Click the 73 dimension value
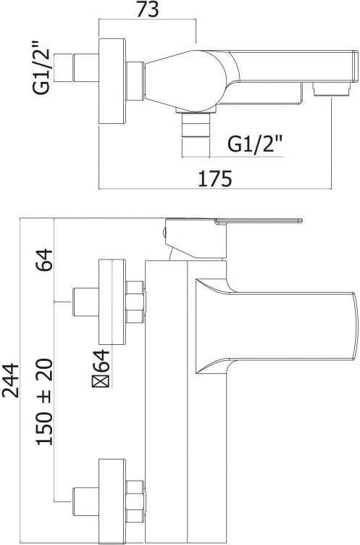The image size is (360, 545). (x=147, y=9)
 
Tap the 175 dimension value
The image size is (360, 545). (x=214, y=179)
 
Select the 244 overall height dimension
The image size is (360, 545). (x=10, y=380)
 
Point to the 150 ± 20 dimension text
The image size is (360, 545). (x=44, y=402)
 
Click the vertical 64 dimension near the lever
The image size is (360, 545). (x=44, y=260)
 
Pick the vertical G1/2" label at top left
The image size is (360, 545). (x=42, y=68)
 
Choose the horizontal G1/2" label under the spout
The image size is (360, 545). (x=255, y=143)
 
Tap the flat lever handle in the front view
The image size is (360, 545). (x=259, y=221)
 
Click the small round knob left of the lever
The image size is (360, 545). (x=164, y=233)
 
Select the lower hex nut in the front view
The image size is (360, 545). (x=135, y=502)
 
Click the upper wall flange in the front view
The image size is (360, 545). (x=112, y=301)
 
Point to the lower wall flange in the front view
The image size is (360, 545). (x=112, y=502)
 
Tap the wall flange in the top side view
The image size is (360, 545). (x=112, y=81)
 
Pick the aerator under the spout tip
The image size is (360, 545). (x=331, y=89)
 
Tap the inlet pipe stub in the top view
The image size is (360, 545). (x=86, y=68)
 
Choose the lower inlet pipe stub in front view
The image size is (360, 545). (x=86, y=502)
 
